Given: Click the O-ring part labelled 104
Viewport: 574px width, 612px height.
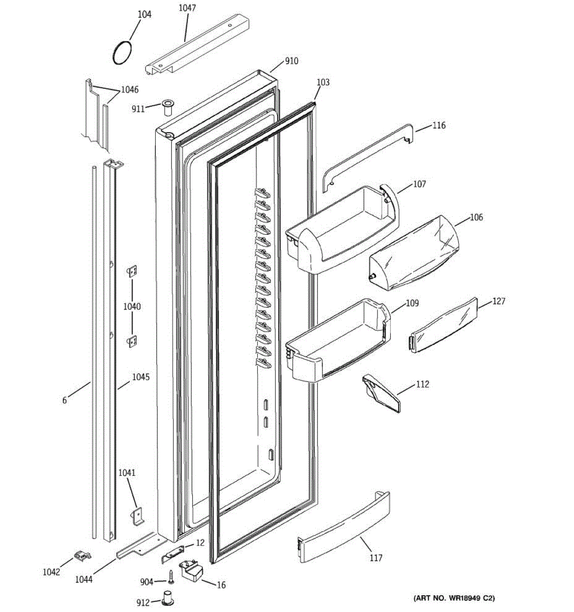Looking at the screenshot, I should coord(121,53).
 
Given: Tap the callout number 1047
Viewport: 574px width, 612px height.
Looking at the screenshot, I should coord(187,8).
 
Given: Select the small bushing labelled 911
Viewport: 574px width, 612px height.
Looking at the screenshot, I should coord(167,108).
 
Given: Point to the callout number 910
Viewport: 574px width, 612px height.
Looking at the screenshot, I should coord(291,61).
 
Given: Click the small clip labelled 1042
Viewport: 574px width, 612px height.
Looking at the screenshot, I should coord(82,555).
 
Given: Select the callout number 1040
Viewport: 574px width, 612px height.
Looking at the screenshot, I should coord(132,307).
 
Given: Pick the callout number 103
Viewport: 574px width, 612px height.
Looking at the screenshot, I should coord(323,82).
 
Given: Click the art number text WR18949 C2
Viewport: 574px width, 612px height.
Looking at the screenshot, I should coord(454,597).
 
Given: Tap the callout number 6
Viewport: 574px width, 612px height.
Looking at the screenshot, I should coord(65,400).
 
